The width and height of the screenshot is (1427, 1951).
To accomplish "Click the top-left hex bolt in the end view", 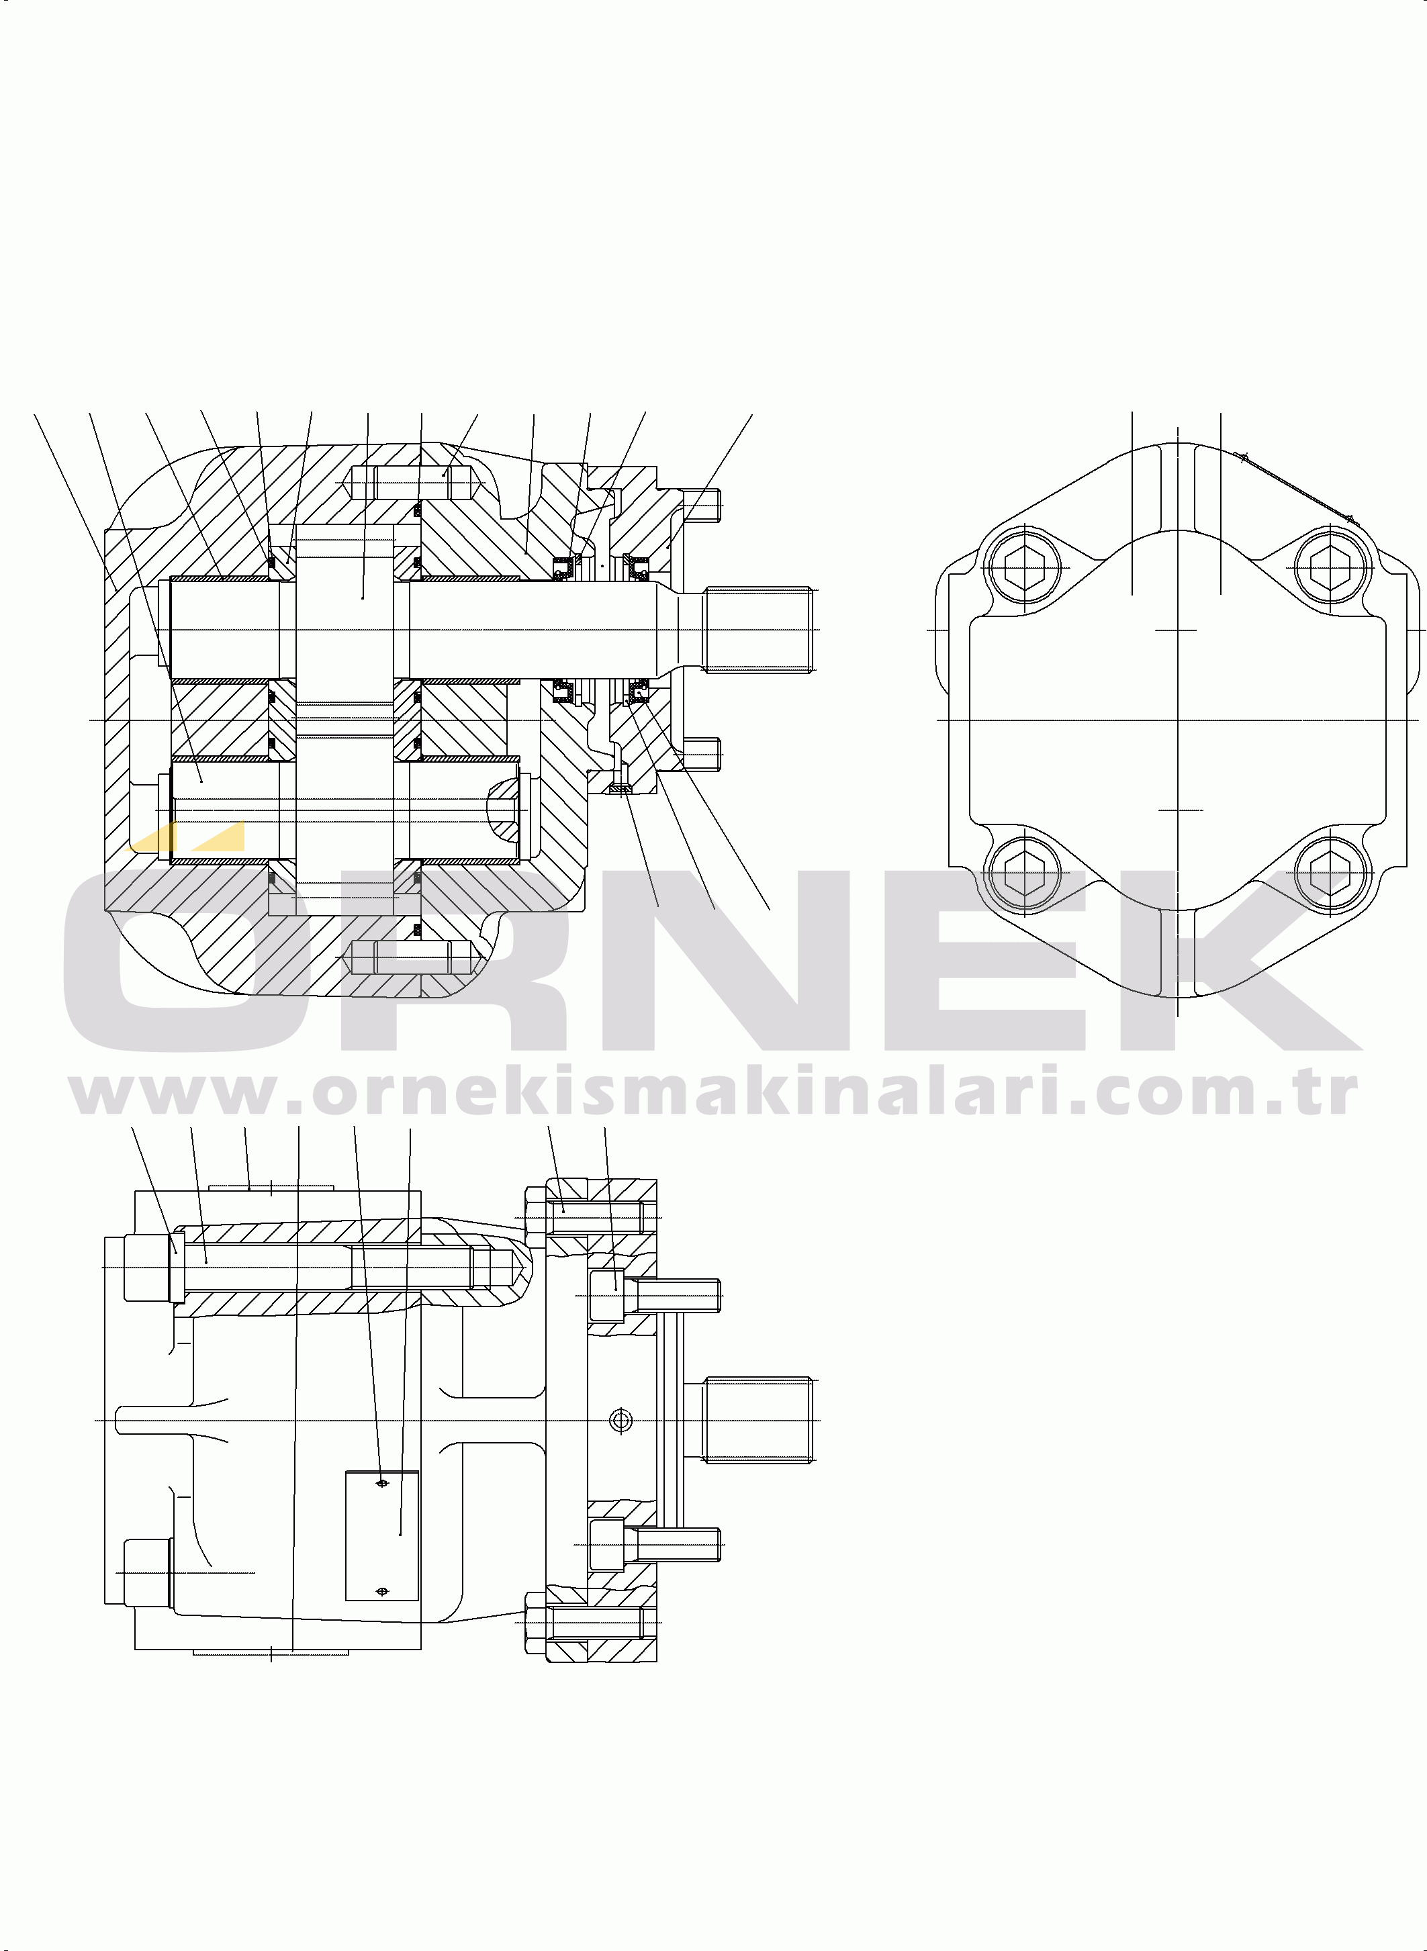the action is pos(1025,567).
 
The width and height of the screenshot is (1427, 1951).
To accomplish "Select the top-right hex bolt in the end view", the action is pos(1330,567).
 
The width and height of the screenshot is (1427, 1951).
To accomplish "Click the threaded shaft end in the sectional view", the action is pos(757,630).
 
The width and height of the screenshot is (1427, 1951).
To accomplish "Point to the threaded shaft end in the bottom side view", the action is pos(757,1420).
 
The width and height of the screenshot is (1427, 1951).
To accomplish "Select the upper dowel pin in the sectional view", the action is pos(413,482).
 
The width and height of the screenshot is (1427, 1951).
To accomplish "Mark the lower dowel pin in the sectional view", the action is pos(413,957).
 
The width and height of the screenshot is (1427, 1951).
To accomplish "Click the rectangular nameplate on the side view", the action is pos(382,1535).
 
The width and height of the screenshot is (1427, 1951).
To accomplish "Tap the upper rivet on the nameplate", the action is pos(383,1484).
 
